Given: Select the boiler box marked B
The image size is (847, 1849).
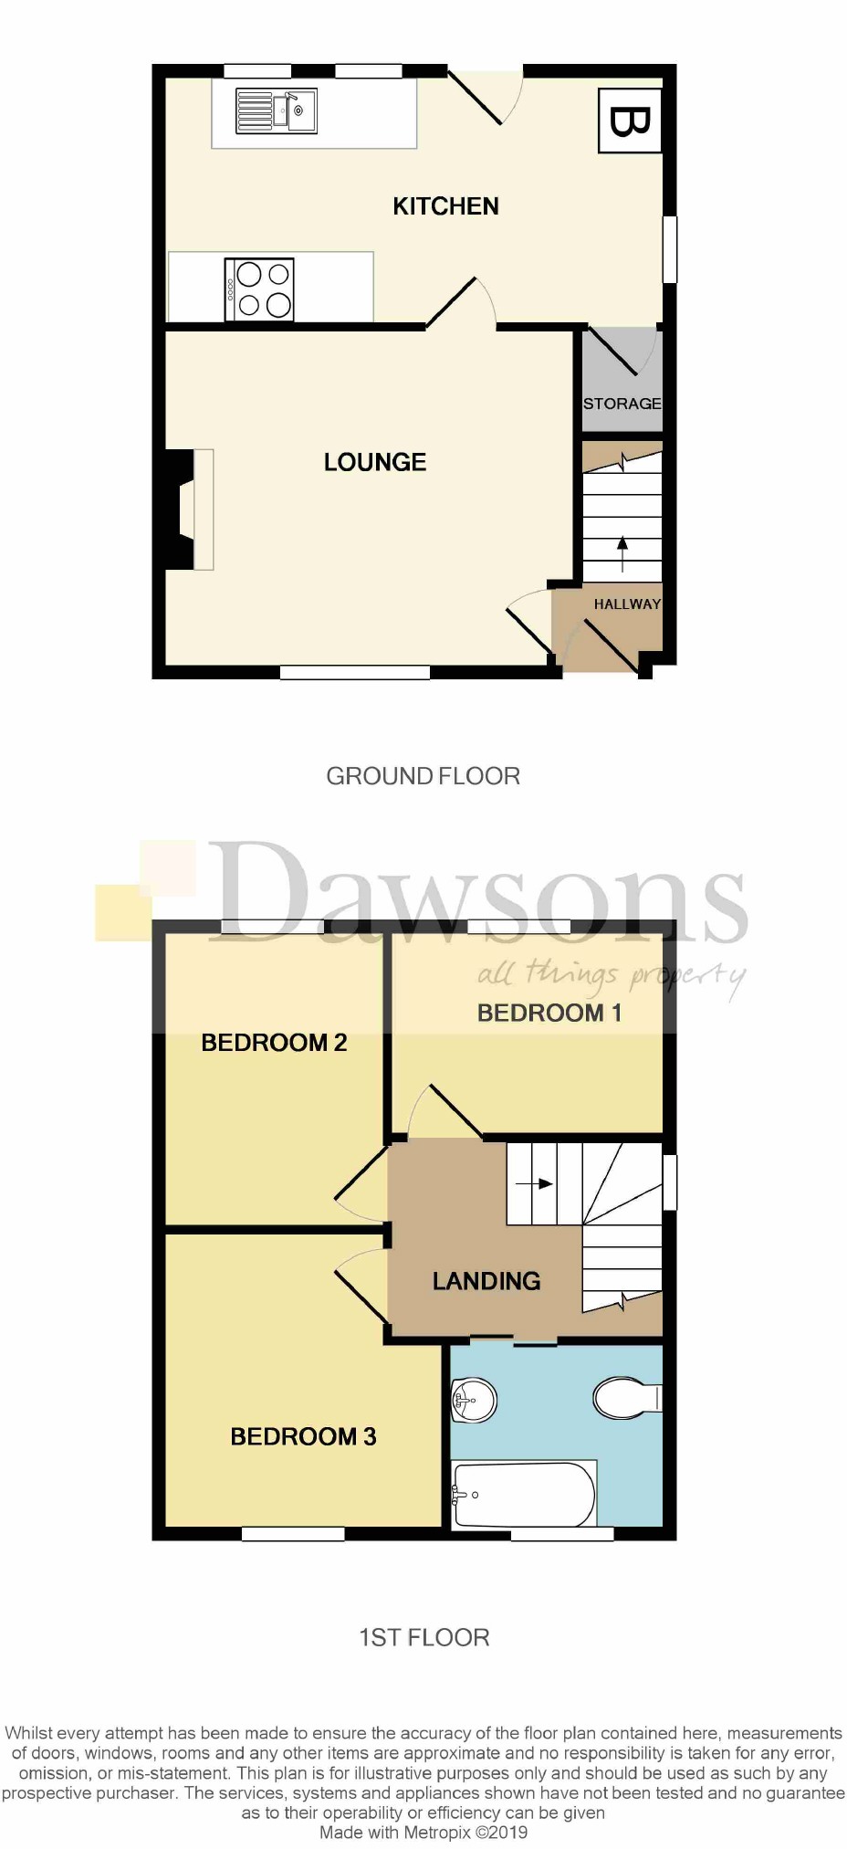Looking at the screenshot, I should (x=630, y=121).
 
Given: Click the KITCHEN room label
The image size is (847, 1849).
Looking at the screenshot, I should (x=445, y=206).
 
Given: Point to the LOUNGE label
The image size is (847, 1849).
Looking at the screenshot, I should (x=375, y=462).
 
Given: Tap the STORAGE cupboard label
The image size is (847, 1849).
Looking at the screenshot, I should (x=622, y=404).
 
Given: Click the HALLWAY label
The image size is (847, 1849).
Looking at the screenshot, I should (x=627, y=604).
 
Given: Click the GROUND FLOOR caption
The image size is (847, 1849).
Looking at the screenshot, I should (x=423, y=776).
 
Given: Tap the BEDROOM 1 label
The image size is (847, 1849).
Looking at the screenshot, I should (x=549, y=1013).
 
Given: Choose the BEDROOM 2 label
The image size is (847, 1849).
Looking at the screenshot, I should (x=274, y=1043).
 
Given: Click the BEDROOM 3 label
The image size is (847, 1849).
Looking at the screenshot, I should (x=303, y=1436).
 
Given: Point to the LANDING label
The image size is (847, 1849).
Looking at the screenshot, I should (x=486, y=1281).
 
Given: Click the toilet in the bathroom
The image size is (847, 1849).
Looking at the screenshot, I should (x=626, y=1397).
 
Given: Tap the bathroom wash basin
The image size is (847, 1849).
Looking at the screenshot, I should (x=474, y=1398).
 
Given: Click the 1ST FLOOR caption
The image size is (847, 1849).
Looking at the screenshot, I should (x=423, y=1637).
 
